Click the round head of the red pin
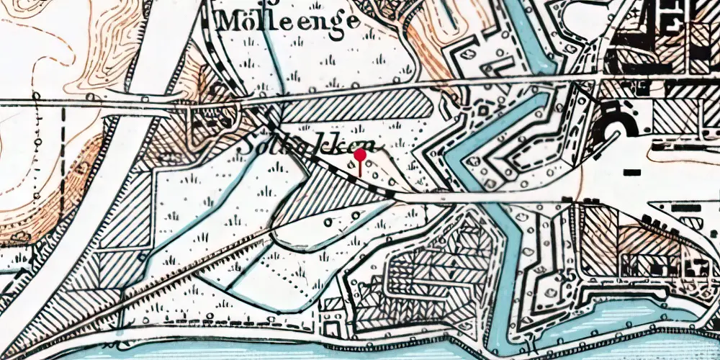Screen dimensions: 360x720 coord(360,154)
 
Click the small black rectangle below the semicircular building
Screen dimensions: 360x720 coord(633,172)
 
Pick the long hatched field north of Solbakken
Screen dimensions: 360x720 coord(356,109)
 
